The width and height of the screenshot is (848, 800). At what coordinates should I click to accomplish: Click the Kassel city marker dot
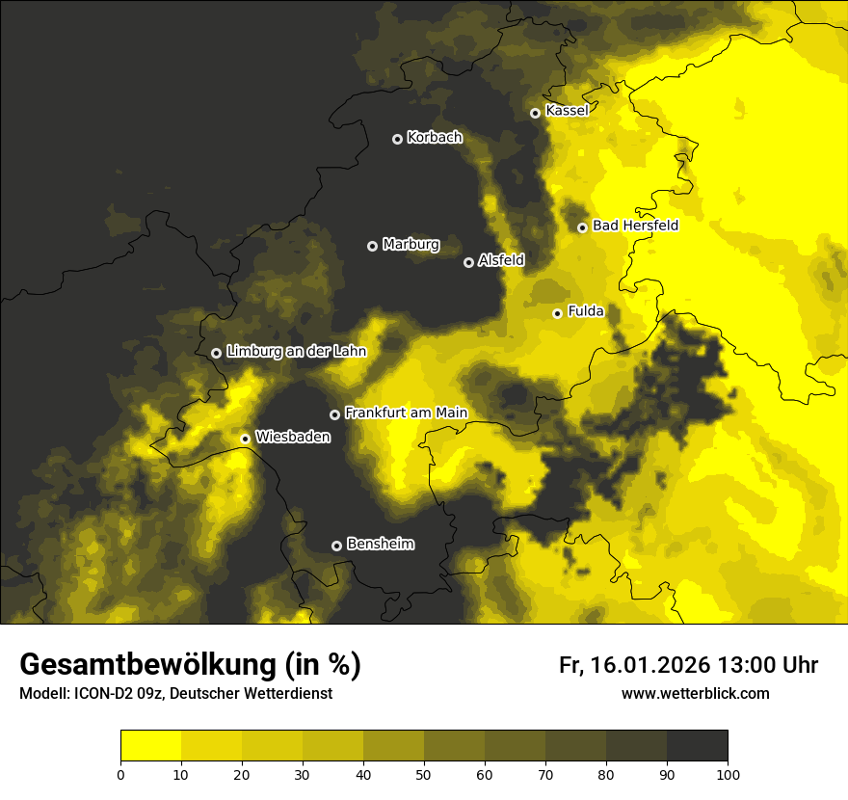[535, 113]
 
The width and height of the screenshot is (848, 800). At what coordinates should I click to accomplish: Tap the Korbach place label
[434, 138]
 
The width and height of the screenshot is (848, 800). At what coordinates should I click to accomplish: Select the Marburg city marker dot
[372, 246]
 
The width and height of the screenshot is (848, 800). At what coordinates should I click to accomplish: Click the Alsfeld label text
[501, 260]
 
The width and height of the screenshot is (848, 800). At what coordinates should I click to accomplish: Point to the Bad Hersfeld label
[635, 226]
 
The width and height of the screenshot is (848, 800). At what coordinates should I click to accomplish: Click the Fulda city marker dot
[557, 313]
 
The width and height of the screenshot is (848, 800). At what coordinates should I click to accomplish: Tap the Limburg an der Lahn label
[296, 352]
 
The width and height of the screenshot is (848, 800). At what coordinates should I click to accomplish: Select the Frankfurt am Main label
[406, 413]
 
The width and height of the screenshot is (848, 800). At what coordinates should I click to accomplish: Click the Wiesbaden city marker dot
[245, 439]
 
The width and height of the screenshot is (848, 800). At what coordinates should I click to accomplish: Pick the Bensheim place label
[380, 544]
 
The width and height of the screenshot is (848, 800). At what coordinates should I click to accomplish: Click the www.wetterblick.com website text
[695, 693]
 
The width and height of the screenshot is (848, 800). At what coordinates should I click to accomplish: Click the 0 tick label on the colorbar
[120, 774]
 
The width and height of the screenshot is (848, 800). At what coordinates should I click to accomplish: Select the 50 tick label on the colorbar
[424, 774]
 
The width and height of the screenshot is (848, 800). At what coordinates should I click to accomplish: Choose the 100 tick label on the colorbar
[728, 774]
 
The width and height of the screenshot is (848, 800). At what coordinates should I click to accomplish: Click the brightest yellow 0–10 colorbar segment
[150, 746]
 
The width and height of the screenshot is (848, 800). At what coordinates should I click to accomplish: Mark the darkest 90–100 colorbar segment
[697, 746]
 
